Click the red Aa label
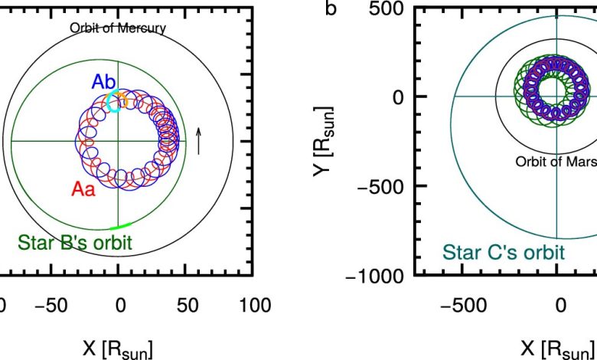click(x=83, y=190)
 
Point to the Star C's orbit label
click(x=502, y=251)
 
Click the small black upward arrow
click(x=198, y=141)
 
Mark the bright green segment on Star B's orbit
click(x=121, y=226)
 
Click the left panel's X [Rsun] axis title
click(x=119, y=349)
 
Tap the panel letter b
click(x=331, y=8)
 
